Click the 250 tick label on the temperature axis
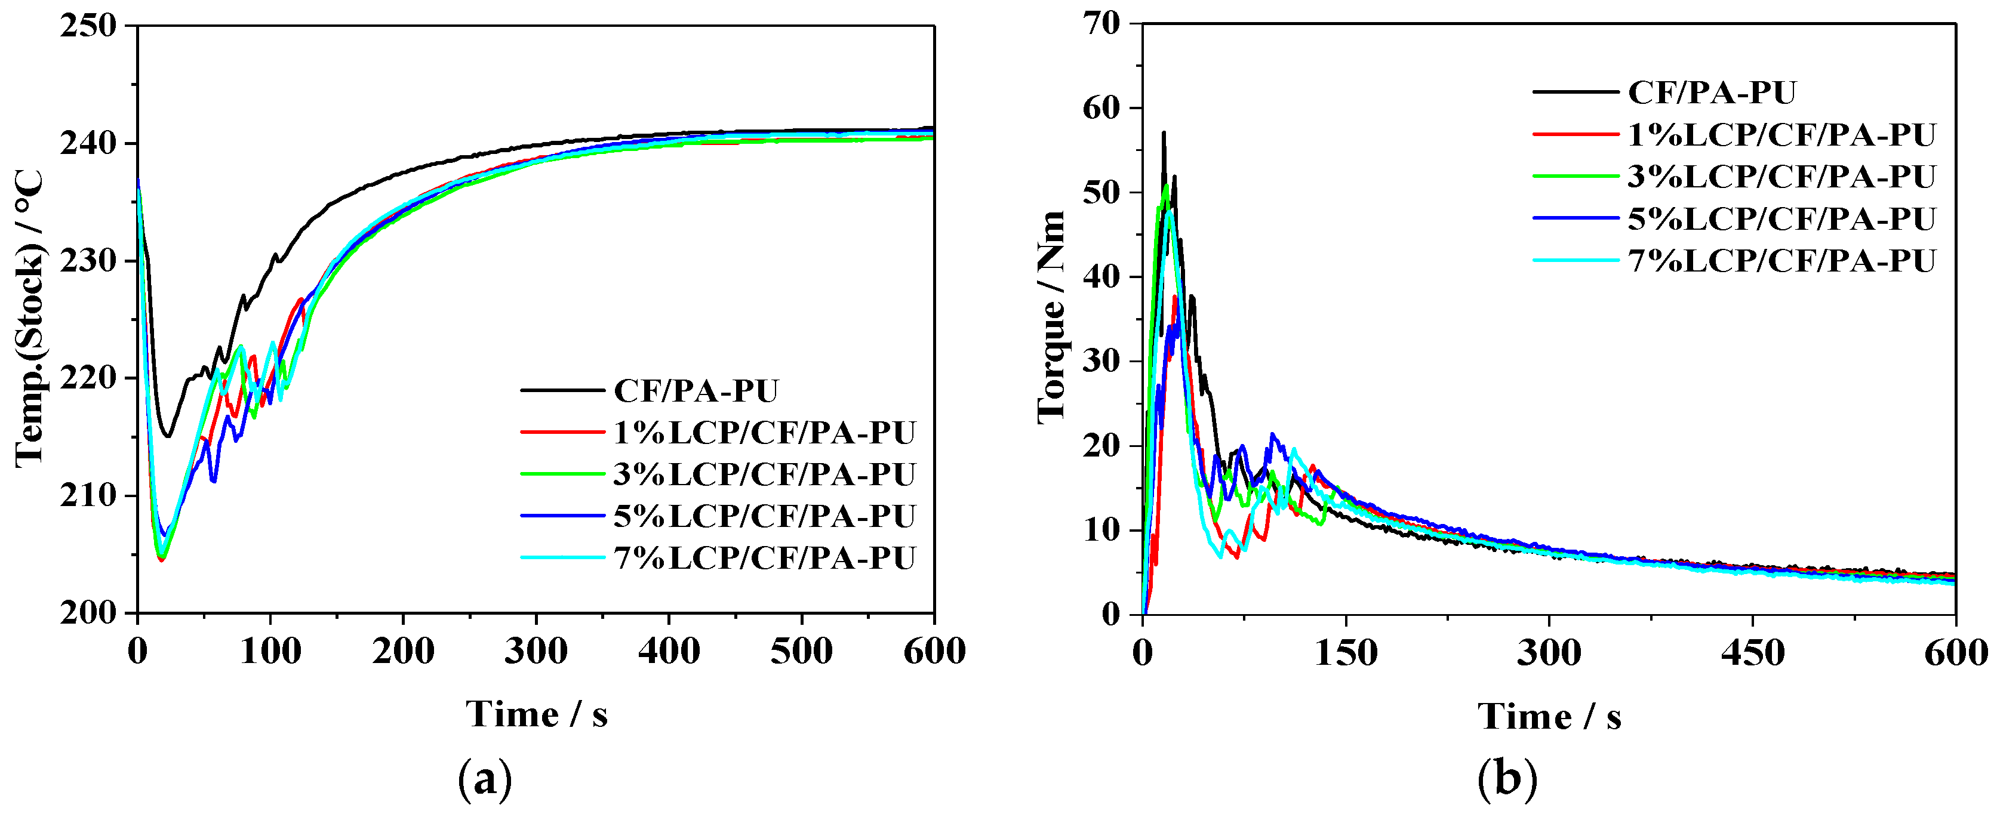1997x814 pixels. click(88, 26)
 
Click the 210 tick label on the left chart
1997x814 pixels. click(88, 496)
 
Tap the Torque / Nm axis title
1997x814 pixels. click(1051, 318)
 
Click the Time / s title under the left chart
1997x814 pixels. click(537, 714)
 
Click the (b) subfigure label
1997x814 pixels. click(1506, 779)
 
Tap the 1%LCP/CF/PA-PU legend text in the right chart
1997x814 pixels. click(1781, 135)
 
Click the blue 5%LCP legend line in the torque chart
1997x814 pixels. click(1576, 218)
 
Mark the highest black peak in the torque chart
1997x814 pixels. click(1164, 132)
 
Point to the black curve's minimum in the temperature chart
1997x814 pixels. click(167, 436)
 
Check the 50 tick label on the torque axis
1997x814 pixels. click(1101, 192)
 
